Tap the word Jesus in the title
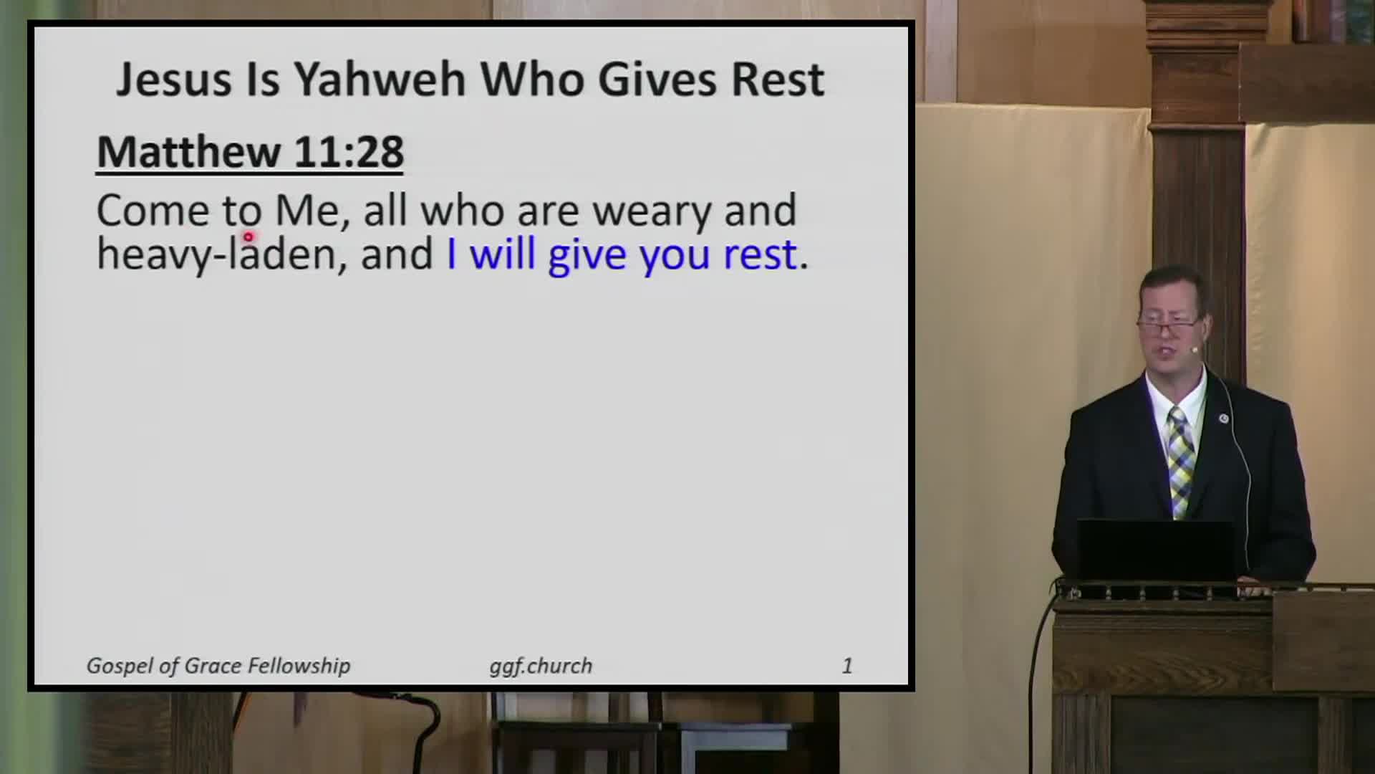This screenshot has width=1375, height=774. (x=174, y=79)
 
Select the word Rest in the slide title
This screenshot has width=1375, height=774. (x=777, y=79)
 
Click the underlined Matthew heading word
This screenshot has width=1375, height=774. (x=188, y=152)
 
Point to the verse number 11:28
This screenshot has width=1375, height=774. (x=349, y=152)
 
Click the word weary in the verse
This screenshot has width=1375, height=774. (x=652, y=211)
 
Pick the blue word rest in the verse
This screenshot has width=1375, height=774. (x=760, y=254)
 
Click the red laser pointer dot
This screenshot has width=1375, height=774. (x=248, y=236)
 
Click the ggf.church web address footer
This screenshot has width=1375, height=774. (x=541, y=666)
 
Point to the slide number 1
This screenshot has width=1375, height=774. (x=847, y=666)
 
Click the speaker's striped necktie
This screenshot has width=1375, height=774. (x=1179, y=459)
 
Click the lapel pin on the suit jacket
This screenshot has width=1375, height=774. (x=1224, y=418)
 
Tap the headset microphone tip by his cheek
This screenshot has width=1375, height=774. (x=1195, y=350)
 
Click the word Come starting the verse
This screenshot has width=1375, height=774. (x=153, y=211)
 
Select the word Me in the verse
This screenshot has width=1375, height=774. (x=307, y=211)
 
